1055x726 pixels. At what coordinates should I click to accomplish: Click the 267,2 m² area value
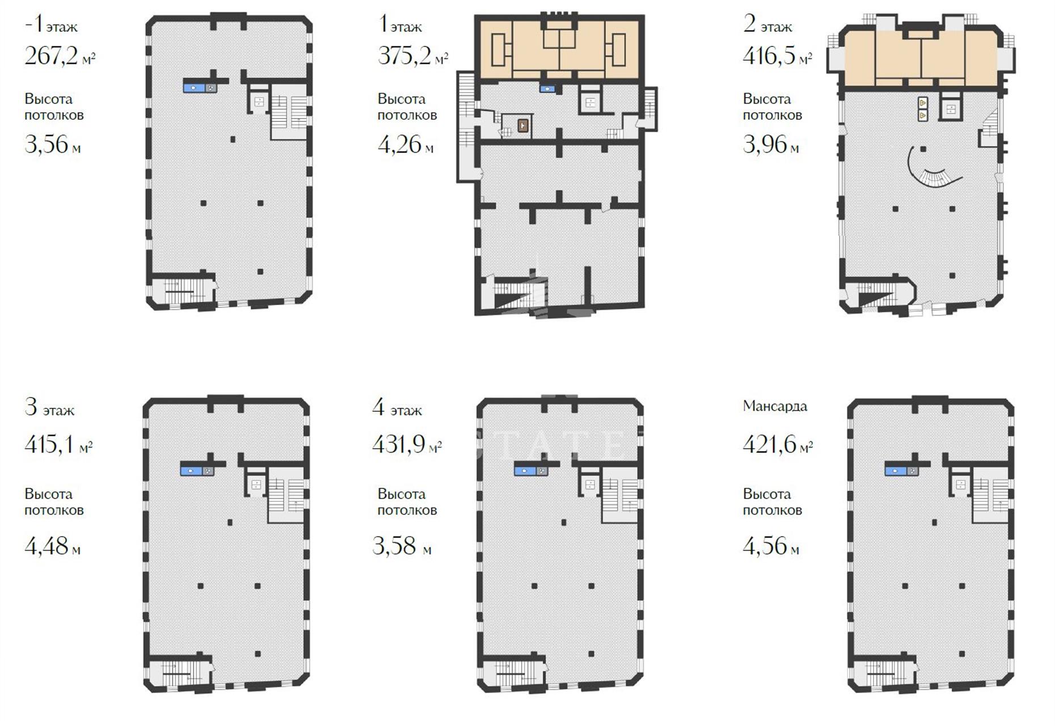click(60, 56)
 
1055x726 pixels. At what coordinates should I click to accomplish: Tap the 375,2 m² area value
click(413, 56)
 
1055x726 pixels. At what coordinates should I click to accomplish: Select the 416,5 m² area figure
click(777, 56)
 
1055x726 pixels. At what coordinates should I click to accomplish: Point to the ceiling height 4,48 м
click(52, 546)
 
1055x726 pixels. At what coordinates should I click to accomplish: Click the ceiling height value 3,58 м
click(402, 546)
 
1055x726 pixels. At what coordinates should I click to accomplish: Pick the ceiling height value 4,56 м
click(771, 546)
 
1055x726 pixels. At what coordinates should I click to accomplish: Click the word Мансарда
click(775, 406)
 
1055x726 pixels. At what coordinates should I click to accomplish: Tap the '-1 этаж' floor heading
click(51, 25)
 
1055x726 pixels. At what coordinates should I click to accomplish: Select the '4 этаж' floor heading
click(397, 408)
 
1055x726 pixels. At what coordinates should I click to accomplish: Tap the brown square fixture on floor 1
click(523, 125)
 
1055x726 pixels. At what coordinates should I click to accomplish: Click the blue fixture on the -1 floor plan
click(200, 88)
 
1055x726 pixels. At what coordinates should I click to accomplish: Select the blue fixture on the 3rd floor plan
click(197, 470)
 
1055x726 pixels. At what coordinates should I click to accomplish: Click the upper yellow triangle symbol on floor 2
click(923, 103)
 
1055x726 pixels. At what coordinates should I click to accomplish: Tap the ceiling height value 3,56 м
click(52, 145)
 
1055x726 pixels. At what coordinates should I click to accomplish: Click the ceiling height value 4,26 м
click(406, 145)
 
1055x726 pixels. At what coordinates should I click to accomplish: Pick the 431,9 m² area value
click(407, 444)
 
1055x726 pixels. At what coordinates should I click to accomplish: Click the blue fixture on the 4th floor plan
click(531, 470)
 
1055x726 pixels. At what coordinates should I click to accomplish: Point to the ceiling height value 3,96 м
click(771, 145)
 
